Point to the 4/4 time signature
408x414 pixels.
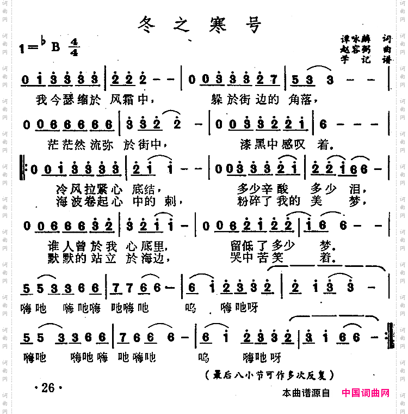[74, 47]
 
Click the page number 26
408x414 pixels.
[48, 388]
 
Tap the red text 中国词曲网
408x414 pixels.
[366, 393]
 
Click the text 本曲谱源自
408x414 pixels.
[306, 393]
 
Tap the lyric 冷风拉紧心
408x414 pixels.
[89, 189]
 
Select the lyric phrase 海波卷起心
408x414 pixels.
[89, 201]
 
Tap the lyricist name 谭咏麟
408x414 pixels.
[354, 39]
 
